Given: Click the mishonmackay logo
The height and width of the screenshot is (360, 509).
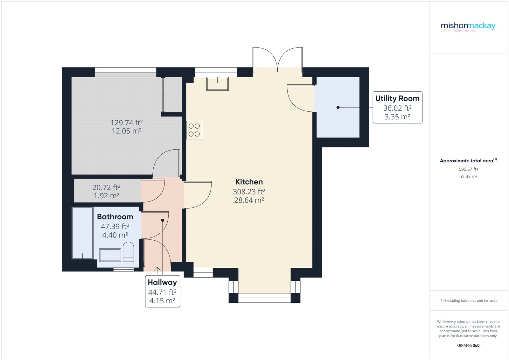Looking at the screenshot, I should tap(468, 26).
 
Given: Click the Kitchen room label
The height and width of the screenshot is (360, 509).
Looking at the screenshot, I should tap(249, 182).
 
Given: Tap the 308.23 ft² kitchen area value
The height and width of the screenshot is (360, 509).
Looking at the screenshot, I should tap(249, 192).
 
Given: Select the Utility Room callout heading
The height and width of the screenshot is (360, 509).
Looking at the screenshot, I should tap(397, 98).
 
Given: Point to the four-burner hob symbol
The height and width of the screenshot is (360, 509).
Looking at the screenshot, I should tap(194, 130).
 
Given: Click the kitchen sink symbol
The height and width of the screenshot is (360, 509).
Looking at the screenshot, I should tap(217, 84).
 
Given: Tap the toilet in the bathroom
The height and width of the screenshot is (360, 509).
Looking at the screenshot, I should tap(128, 251).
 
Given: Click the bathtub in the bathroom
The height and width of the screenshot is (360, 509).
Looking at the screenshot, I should tap(82, 233).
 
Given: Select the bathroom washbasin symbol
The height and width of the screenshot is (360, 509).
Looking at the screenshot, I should tap(110, 255).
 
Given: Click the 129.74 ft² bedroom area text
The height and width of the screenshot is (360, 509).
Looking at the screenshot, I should tap(126, 123).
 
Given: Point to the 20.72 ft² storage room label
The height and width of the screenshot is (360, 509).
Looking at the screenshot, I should tap(106, 187).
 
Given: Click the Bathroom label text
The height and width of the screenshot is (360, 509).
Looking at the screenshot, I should tap(115, 217).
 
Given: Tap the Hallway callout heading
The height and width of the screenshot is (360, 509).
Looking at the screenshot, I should tap(162, 282).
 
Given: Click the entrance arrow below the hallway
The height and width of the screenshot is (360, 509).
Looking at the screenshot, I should tap(157, 270).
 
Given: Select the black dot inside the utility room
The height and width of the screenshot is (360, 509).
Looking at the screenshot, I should tap(338, 107).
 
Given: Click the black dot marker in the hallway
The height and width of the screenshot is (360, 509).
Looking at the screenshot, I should tap(163, 220).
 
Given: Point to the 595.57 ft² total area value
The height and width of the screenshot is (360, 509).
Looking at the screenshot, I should tap(468, 169).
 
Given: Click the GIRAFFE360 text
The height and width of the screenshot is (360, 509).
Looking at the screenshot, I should tap(468, 345).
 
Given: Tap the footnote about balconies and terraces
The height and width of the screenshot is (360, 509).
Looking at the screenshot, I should tap(468, 300).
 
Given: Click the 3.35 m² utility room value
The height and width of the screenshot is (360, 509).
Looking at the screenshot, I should tap(397, 117).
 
